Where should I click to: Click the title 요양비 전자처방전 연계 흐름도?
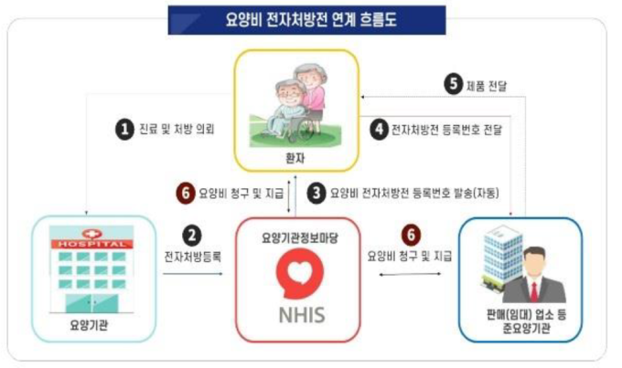[311, 20]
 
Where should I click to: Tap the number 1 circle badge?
[124, 130]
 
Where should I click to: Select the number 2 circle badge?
[192, 236]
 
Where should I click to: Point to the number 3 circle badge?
[316, 194]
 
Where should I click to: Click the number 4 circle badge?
[380, 130]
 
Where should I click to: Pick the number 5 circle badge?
[454, 84]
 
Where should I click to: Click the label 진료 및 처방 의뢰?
[177, 129]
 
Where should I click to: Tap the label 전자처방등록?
[193, 257]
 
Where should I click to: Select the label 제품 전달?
[487, 86]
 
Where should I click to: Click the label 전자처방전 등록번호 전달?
[447, 130]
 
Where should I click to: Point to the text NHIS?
[302, 316]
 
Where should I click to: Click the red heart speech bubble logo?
[300, 272]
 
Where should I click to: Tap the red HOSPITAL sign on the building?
[91, 244]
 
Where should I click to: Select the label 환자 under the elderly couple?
[295, 159]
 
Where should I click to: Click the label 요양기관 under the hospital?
[90, 326]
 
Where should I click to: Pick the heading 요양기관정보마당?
[300, 238]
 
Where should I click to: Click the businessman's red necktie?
[534, 291]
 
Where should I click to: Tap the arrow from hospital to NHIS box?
[193, 274]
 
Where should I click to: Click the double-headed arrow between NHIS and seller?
[410, 274]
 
